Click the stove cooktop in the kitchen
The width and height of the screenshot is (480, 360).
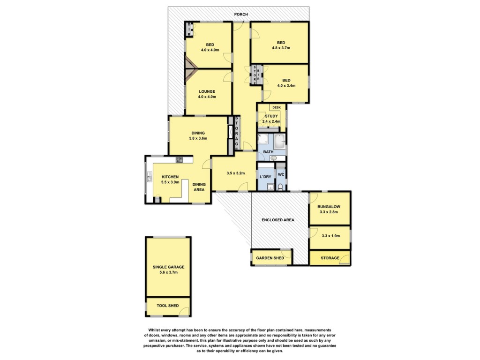(180, 159)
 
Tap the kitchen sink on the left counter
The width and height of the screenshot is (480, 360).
(150, 177)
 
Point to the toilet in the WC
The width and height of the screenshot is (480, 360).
(280, 186)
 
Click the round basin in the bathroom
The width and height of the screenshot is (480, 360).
(274, 158)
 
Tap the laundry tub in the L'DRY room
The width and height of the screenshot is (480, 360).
(270, 187)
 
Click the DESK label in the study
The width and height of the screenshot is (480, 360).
(277, 107)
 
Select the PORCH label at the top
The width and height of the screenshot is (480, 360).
(241, 15)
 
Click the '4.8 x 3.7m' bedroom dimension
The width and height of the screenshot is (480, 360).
(281, 48)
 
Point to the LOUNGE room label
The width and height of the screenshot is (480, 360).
(207, 91)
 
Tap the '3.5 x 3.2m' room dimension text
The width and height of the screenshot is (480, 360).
(236, 173)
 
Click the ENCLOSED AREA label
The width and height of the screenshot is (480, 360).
(278, 220)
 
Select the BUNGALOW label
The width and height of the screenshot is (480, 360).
(329, 207)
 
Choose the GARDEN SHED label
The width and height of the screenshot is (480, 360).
(270, 258)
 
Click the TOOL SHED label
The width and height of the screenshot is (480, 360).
(168, 306)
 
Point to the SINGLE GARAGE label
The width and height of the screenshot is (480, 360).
(169, 267)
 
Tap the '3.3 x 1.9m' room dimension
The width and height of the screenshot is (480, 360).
(331, 236)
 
